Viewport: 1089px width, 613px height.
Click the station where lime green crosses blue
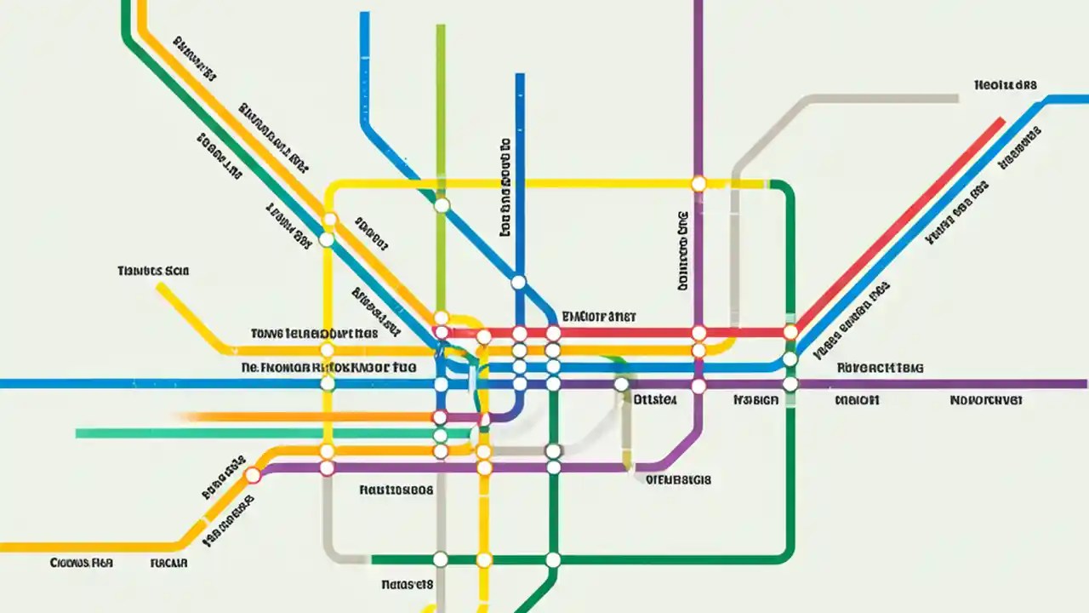pos(441,205)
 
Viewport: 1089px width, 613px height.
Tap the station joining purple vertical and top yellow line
pos(698,183)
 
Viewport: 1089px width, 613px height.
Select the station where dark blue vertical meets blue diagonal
pos(518,282)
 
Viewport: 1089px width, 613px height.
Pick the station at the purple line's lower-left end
pos(253,475)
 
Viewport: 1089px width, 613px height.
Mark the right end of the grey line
pos(956,99)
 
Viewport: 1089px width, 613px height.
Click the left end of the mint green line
pos(78,433)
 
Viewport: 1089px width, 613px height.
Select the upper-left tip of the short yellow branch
pos(159,286)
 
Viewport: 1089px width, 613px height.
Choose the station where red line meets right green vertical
pos(790,331)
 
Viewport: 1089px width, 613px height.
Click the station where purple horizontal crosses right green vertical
pos(790,384)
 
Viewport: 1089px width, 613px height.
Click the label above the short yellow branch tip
pos(153,271)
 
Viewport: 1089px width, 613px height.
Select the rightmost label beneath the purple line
pos(986,398)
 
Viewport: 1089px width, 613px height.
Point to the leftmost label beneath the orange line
pos(82,563)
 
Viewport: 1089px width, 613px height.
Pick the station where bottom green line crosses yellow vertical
pos(484,559)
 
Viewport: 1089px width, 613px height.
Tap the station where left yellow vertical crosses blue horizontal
pos(328,383)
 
